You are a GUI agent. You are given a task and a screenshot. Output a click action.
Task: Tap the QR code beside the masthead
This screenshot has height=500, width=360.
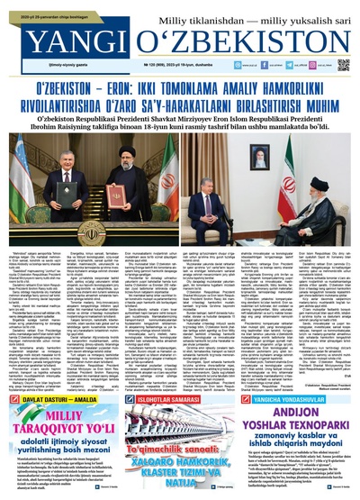point(343,65)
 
